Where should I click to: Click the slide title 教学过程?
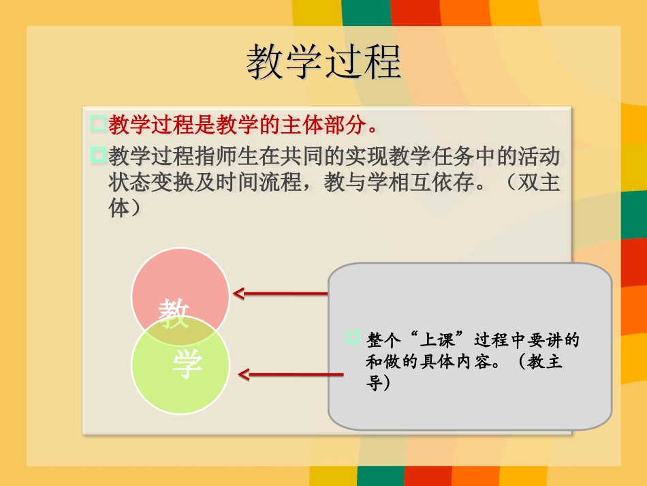tap(323, 62)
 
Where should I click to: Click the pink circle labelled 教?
tap(180, 283)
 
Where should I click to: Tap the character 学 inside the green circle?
tap(187, 365)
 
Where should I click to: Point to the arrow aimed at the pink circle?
tap(279, 294)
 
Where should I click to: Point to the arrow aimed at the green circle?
tap(289, 374)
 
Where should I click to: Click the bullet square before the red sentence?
tap(98, 124)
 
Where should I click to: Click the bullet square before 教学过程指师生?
tap(98, 156)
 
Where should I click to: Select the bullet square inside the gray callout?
tap(353, 337)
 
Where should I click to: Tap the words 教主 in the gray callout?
tap(545, 361)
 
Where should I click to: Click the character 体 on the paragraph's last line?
tap(119, 208)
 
